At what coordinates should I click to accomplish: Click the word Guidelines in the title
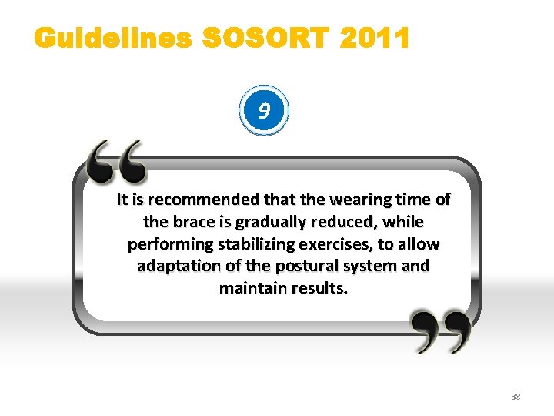[112, 39]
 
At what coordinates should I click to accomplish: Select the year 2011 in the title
[373, 39]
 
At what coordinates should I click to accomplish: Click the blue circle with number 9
[264, 112]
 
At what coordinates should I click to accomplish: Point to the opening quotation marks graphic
[115, 162]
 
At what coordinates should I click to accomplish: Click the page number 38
[516, 397]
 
